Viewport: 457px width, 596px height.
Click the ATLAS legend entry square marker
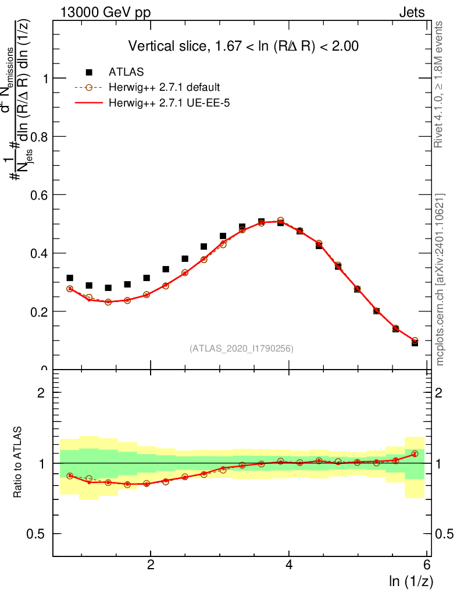point(89,72)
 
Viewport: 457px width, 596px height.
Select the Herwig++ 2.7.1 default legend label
point(164,88)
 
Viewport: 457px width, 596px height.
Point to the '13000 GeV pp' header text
point(105,13)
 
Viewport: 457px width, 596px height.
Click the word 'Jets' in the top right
point(412,13)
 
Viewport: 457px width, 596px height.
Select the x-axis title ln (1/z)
point(410,580)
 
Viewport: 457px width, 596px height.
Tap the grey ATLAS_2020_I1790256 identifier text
point(241,349)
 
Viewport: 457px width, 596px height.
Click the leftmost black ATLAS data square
point(70,278)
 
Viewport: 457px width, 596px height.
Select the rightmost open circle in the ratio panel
point(415,453)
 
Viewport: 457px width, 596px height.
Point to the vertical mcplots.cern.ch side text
point(440,279)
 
